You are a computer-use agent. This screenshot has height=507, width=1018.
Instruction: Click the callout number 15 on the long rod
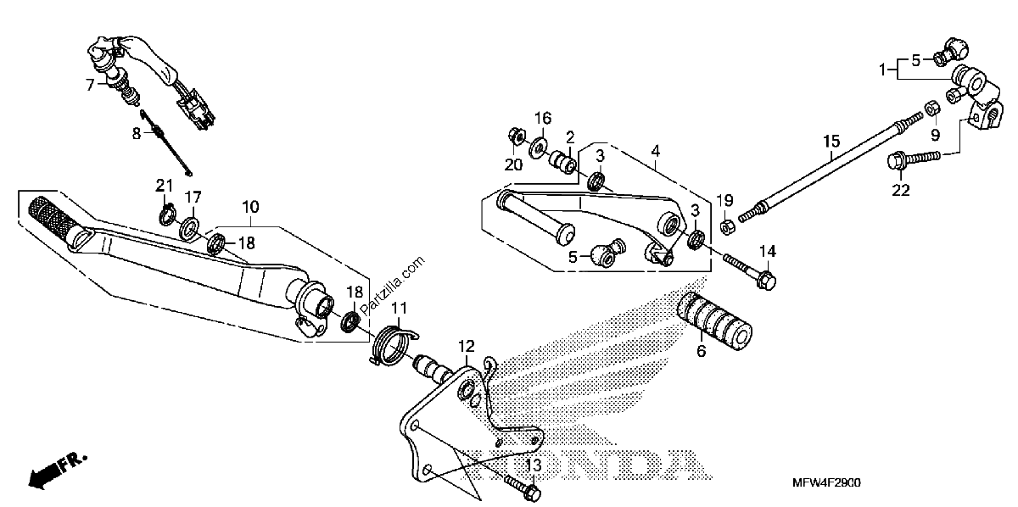pos(831,142)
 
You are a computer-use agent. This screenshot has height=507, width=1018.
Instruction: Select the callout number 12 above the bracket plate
pos(467,346)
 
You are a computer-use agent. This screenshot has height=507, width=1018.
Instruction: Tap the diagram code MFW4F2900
pos(826,483)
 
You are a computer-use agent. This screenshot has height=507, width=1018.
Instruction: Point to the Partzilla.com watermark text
pos(393,286)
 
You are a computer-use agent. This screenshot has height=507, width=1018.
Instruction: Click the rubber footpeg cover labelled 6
pos(714,321)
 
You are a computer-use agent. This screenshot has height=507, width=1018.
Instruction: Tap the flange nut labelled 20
pos(516,136)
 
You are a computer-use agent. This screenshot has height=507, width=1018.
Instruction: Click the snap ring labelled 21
pos(167,214)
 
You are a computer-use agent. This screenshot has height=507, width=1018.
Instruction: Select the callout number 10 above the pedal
pos(250,207)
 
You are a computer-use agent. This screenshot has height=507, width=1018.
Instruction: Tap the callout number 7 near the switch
pos(90,85)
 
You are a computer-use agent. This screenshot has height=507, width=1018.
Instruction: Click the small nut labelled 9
pos(932,109)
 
